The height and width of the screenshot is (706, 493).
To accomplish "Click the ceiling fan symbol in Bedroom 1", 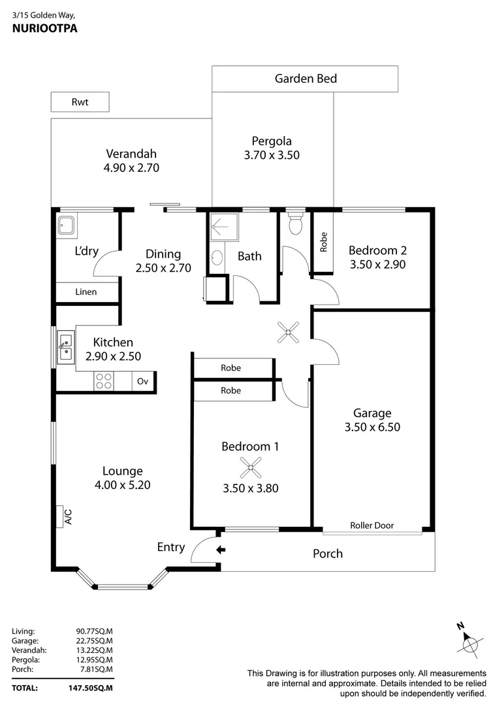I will [250, 467].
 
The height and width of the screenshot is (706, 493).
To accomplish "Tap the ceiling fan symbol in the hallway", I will [288, 332].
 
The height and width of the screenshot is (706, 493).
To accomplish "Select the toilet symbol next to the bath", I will [295, 224].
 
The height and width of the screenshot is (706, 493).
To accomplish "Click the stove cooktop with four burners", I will [104, 380].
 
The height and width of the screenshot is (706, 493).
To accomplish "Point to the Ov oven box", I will [143, 381].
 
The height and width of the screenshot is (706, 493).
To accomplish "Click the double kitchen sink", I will [66, 347].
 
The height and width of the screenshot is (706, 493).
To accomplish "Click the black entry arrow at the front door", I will [221, 550].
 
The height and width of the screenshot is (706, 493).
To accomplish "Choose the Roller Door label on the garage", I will [372, 525].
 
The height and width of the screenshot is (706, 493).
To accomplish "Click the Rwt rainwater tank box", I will [80, 102].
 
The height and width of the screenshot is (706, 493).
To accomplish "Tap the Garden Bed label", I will [306, 79].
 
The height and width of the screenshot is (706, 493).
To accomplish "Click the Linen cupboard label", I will [86, 292].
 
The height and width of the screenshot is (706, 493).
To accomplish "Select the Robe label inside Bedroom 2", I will [322, 243].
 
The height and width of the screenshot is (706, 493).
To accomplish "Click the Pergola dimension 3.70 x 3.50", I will [271, 156].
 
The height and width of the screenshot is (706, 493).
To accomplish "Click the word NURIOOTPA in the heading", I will [40, 29].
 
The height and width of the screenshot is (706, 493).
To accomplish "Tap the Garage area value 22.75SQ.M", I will [94, 641].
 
